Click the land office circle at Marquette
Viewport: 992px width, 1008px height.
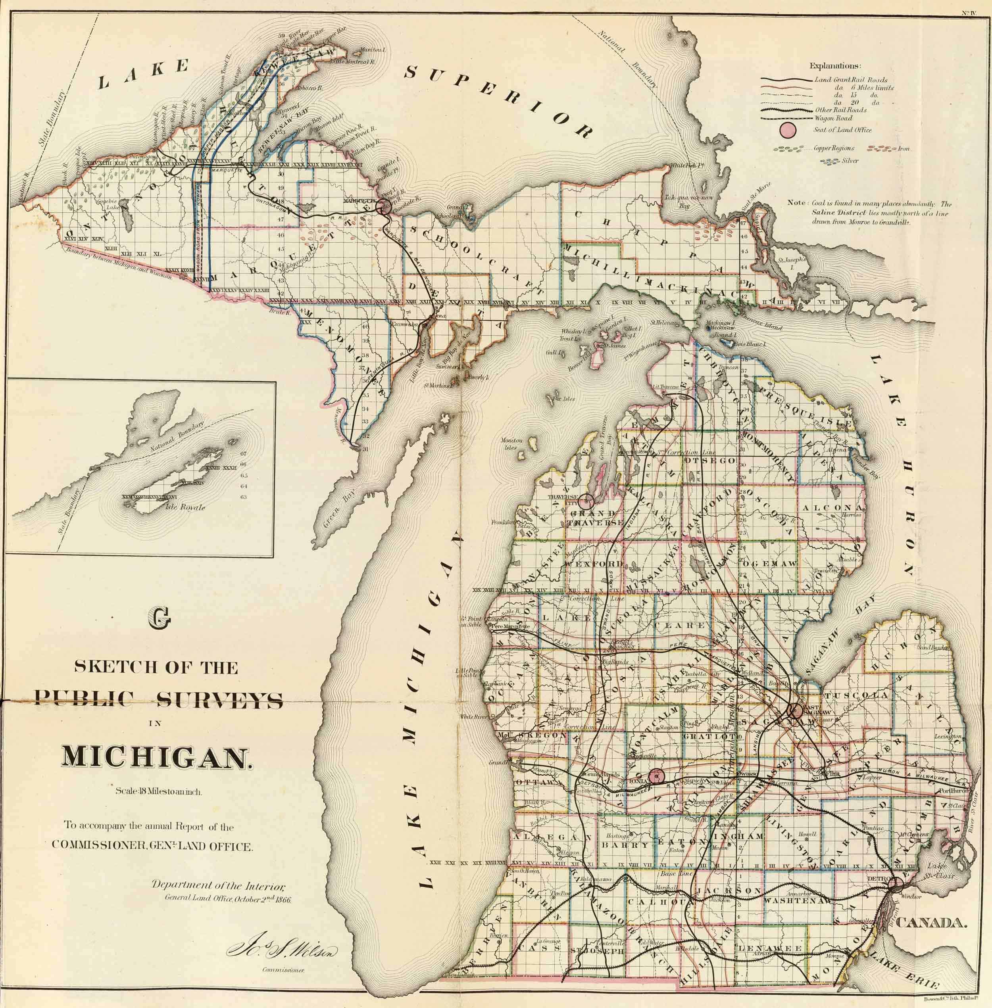384,208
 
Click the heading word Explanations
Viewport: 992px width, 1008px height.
835,66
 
